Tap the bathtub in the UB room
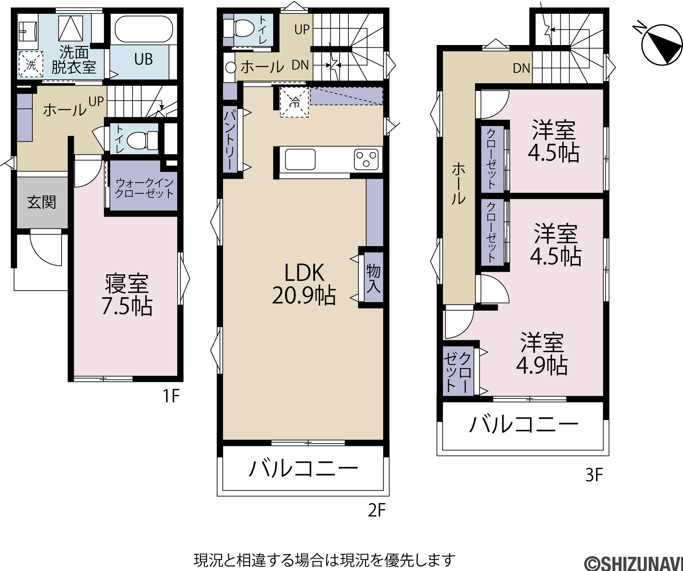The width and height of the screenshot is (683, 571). (x=143, y=31)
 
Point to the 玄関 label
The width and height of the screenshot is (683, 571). (x=41, y=202)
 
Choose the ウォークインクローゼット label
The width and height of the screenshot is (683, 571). (x=144, y=188)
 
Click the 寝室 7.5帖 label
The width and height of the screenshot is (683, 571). (x=127, y=295)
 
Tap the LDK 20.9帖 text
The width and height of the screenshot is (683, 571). (x=304, y=284)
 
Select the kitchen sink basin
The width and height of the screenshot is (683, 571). (x=300, y=160)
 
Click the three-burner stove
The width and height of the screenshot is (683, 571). (x=366, y=159)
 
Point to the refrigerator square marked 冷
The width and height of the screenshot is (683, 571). (x=294, y=101)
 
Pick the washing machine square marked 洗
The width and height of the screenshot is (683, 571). (x=31, y=65)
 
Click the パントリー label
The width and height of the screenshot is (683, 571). (x=230, y=141)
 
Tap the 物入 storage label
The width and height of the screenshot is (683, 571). (x=373, y=278)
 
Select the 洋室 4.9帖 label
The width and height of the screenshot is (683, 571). (x=542, y=354)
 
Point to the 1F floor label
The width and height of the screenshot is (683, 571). (x=171, y=396)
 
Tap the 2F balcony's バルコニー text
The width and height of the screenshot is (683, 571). (x=303, y=468)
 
